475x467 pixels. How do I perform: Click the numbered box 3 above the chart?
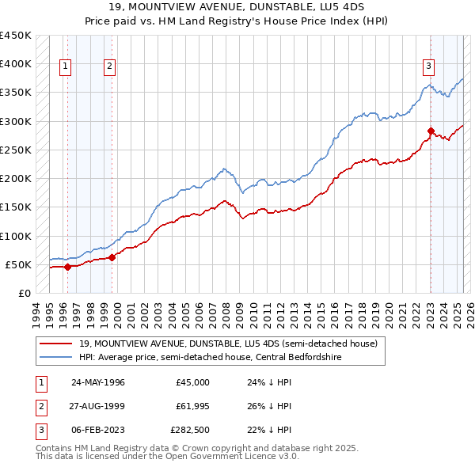click(x=428, y=66)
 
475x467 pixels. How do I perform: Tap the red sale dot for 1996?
click(x=67, y=267)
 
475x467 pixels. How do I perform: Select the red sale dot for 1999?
click(x=112, y=256)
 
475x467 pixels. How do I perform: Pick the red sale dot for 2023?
click(x=431, y=131)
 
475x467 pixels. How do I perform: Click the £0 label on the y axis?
click(x=25, y=293)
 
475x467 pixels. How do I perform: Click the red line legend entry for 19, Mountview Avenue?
click(x=230, y=344)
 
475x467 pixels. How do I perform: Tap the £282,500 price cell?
click(x=191, y=431)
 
